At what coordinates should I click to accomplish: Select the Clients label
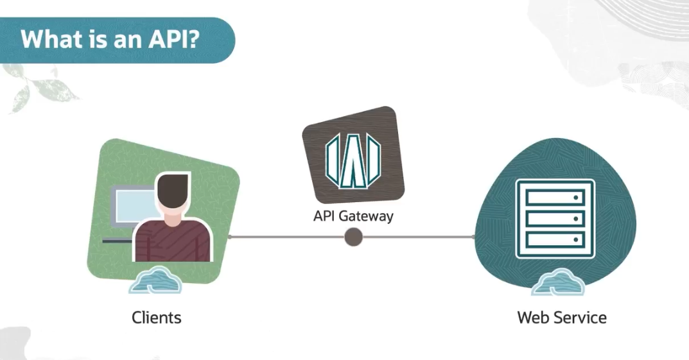click(156, 317)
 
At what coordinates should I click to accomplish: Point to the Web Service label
click(561, 317)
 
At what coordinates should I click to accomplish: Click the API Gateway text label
click(353, 216)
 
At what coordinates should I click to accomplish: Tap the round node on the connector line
click(353, 237)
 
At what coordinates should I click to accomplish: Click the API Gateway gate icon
click(353, 161)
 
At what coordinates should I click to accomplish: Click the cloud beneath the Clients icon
click(155, 280)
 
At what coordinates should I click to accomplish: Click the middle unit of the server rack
click(555, 218)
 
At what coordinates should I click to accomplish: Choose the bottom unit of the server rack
click(555, 239)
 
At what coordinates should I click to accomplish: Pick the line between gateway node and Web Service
click(417, 237)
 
